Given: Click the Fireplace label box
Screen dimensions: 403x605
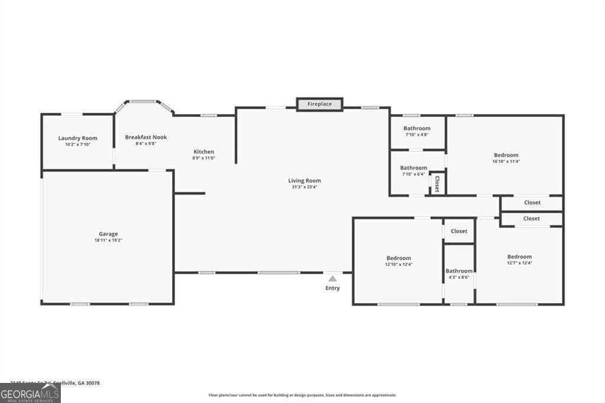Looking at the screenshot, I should [x=320, y=105].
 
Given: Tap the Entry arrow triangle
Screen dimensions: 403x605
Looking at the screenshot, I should [x=333, y=278].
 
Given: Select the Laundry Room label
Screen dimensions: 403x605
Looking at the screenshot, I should [x=77, y=138].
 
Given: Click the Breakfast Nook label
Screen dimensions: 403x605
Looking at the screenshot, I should [x=146, y=137].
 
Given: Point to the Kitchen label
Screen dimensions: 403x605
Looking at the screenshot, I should [x=204, y=152].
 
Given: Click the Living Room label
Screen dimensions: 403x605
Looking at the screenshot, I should [x=304, y=181].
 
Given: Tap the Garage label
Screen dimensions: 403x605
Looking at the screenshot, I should [x=108, y=234].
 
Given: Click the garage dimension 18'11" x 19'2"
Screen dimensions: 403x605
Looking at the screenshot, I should [x=108, y=240].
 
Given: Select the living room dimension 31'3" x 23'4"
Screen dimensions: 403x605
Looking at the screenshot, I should [x=304, y=187].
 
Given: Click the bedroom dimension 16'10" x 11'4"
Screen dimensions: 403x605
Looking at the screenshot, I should [x=506, y=161].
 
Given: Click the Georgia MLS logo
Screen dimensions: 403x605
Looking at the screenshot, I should [x=30, y=393].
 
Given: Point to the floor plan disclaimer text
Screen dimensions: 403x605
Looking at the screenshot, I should [x=302, y=395].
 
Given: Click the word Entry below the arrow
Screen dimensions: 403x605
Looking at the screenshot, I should [x=333, y=288].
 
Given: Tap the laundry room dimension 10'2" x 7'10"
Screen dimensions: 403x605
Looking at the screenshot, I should [x=77, y=145].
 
